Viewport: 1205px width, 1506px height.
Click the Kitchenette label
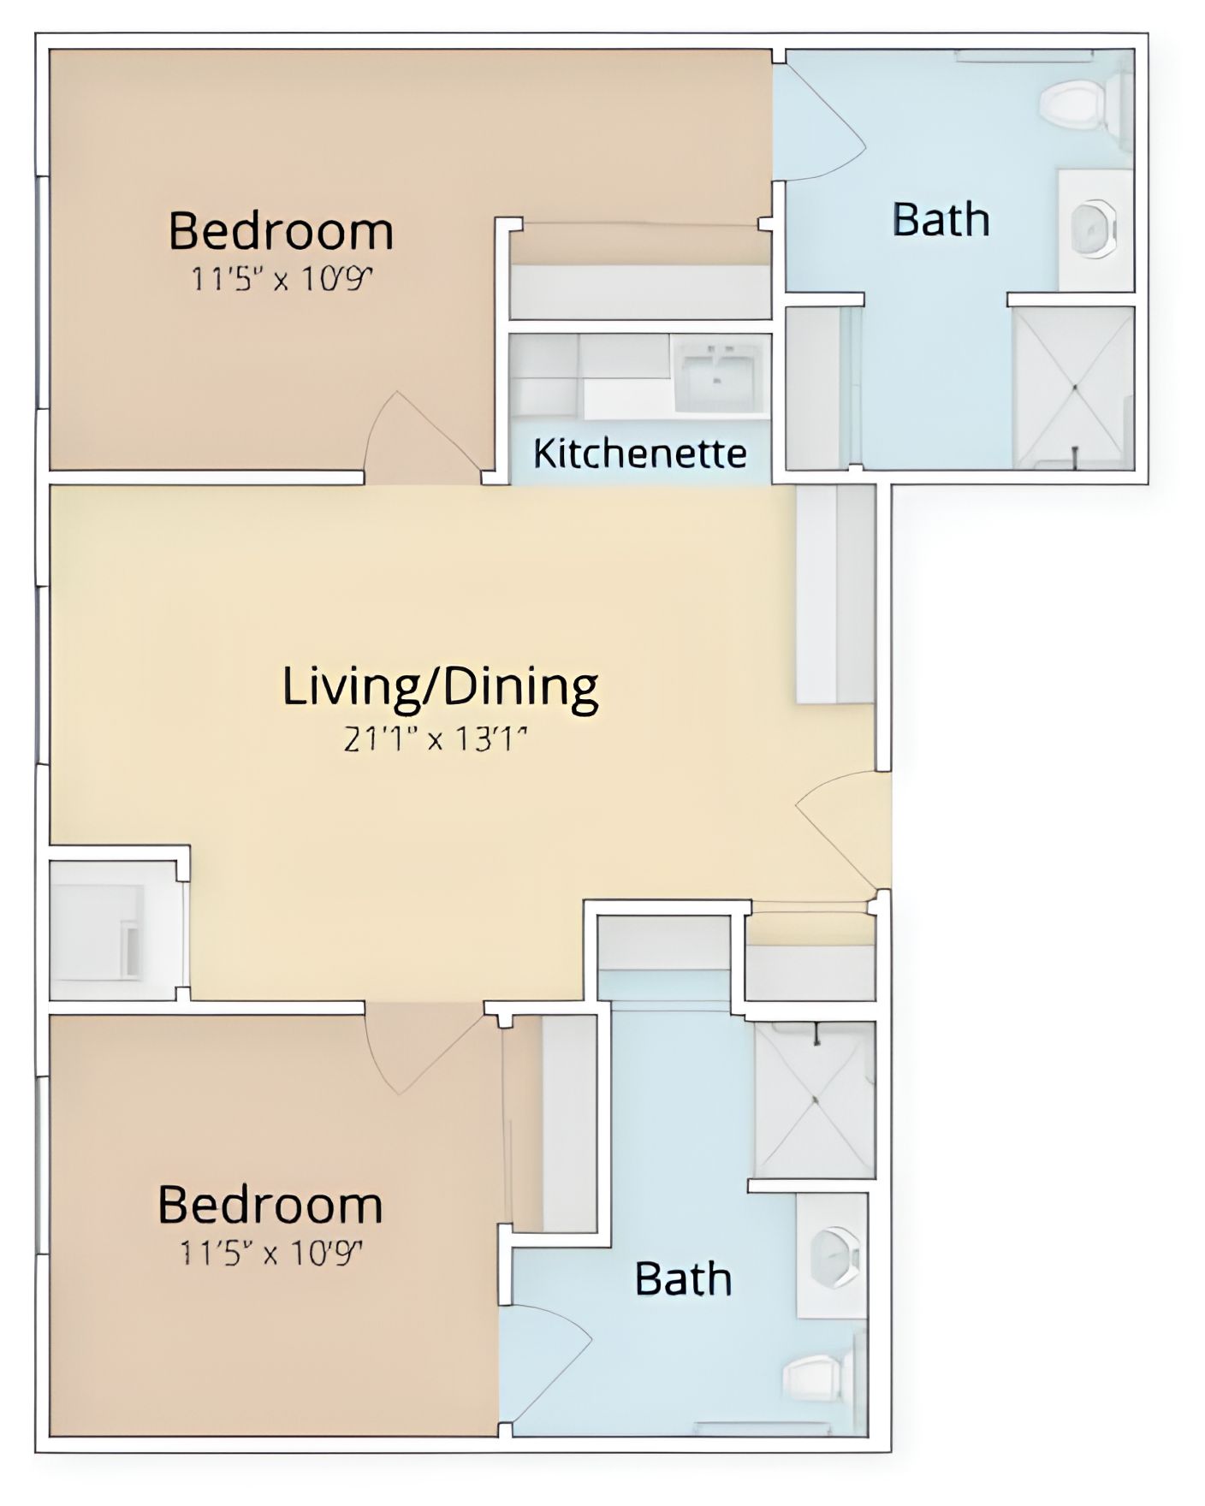click(639, 453)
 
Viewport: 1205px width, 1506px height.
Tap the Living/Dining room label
click(440, 687)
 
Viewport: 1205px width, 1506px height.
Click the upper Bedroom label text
click(281, 230)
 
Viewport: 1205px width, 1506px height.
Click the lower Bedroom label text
click(270, 1205)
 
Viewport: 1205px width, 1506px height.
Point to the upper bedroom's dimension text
click(282, 279)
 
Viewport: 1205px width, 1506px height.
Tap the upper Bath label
click(941, 219)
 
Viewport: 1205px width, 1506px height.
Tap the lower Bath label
click(683, 1279)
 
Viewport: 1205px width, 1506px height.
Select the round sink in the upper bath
click(1093, 228)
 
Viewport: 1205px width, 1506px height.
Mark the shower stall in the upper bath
click(1073, 387)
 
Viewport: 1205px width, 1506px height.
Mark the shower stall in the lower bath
click(814, 1100)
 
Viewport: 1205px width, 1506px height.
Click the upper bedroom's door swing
click(420, 436)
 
